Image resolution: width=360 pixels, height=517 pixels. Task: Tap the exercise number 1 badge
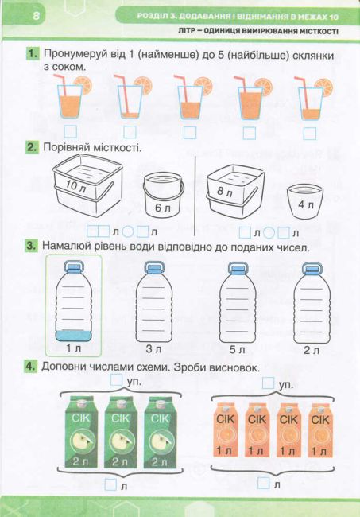click(x=33, y=55)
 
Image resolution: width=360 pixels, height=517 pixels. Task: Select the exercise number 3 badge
click(x=33, y=247)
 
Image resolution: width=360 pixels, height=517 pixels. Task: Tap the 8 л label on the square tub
click(x=225, y=192)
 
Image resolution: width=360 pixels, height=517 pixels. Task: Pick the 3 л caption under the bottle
click(x=154, y=348)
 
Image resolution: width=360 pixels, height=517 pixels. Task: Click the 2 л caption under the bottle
click(x=311, y=348)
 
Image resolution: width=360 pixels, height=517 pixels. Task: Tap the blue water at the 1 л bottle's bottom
click(x=74, y=334)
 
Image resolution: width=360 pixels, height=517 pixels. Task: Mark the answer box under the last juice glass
click(x=309, y=132)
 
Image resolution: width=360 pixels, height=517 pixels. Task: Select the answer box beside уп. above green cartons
click(x=118, y=381)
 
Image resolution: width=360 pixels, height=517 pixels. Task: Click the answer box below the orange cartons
click(x=264, y=482)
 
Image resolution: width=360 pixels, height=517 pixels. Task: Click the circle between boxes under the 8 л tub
click(x=269, y=233)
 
